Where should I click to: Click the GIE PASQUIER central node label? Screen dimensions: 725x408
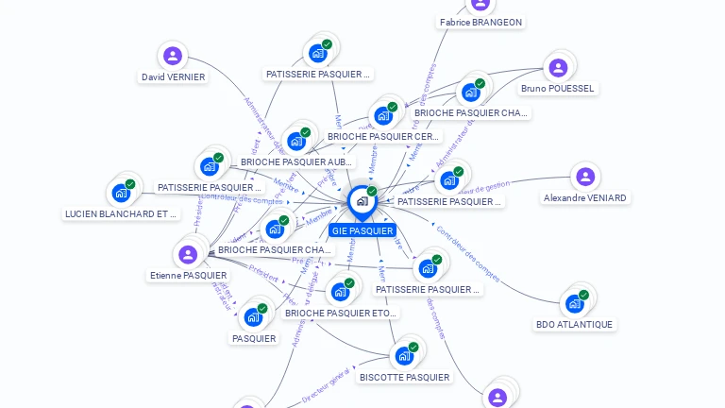[x=362, y=230]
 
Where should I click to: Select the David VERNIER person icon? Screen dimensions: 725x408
[x=172, y=56]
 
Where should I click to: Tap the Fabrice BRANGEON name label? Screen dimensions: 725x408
[x=481, y=22]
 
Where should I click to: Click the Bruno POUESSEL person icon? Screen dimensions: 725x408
[x=558, y=67]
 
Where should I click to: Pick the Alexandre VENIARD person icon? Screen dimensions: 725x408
[x=585, y=177]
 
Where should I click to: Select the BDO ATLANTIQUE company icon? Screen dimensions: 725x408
[x=574, y=304]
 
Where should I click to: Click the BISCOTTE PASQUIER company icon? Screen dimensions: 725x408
[x=405, y=355]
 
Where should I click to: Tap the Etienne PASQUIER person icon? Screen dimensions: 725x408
[x=188, y=254]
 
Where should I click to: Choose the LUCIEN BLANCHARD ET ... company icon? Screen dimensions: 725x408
[x=121, y=193]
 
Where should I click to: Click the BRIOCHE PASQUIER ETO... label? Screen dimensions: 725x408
[x=341, y=313]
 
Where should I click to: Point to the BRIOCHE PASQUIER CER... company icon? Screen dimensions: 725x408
[x=383, y=115]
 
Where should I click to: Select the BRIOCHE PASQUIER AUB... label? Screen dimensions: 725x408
[x=296, y=162]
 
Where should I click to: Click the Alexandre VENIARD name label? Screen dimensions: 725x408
[x=585, y=198]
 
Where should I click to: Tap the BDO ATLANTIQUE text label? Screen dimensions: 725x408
[x=574, y=325]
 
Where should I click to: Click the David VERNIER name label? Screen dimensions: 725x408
[x=173, y=77]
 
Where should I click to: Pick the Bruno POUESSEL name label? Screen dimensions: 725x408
[x=558, y=89]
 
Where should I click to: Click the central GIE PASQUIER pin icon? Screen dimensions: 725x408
[x=362, y=201]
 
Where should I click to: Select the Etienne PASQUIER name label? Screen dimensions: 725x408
[x=188, y=276]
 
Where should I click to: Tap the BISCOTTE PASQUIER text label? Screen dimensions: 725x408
[x=405, y=377]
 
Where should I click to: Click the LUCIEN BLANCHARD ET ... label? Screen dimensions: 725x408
[x=121, y=214]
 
